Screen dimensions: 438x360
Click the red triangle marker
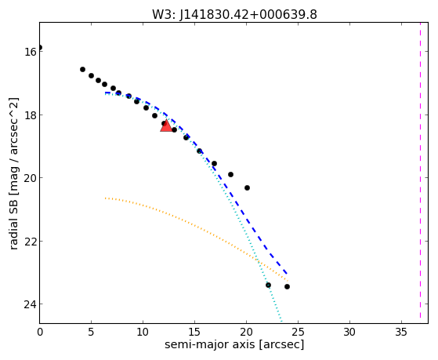pos(166,125)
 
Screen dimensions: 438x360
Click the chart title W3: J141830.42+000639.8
pos(234,15)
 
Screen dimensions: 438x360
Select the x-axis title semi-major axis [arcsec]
pos(234,344)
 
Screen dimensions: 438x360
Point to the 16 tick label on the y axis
pos(31,52)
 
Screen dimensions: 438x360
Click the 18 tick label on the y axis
pos(31,115)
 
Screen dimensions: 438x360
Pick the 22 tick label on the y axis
pos(31,241)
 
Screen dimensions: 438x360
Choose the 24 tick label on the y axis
pos(31,304)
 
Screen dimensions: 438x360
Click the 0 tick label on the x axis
pos(40,332)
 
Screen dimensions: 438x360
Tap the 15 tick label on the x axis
pos(194,332)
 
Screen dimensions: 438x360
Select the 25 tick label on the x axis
pos(298,332)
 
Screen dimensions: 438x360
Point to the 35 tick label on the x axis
pos(401,332)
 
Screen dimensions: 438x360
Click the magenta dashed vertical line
pos(420,171)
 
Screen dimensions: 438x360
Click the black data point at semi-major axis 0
pos(40,48)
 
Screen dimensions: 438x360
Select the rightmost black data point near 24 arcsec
pos(287,287)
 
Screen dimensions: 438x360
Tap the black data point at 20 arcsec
pos(247,187)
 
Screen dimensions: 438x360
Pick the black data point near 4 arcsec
pos(82,69)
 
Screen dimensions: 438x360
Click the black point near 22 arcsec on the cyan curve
pos(268,285)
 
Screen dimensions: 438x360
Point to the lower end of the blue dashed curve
pos(287,274)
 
